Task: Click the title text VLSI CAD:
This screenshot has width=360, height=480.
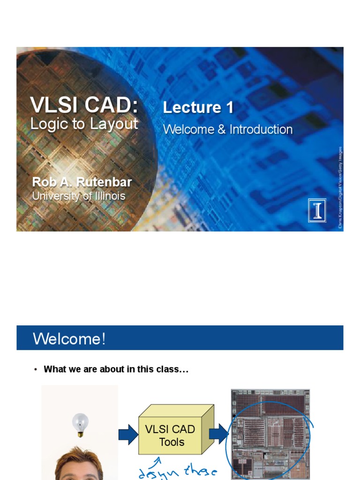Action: point(84,104)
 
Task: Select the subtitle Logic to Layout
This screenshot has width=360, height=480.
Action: point(84,124)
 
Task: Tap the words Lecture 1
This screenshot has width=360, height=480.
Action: point(198,107)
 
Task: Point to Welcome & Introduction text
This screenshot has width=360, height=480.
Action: point(228,129)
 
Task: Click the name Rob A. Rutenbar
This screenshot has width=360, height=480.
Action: point(82,182)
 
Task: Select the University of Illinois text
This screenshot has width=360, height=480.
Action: point(79,196)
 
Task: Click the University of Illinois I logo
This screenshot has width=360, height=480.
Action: point(317,210)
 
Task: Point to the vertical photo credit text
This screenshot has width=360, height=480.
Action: point(340,187)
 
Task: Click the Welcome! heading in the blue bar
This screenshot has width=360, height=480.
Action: point(69,338)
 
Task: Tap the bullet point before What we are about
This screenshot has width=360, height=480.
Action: point(35,370)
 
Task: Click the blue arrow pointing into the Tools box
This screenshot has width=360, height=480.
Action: point(127,435)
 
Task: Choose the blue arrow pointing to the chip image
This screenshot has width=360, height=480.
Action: point(218,434)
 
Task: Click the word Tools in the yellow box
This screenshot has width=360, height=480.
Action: point(172,442)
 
